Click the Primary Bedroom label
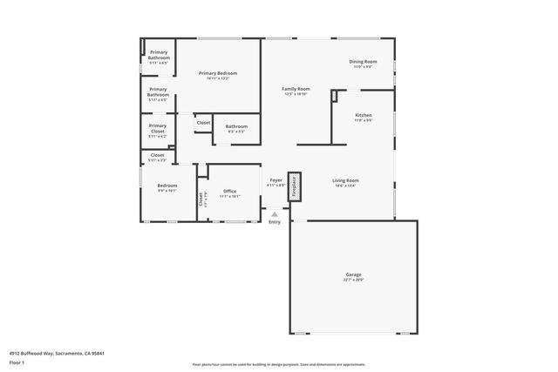pyautogui.click(x=218, y=73)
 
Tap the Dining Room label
pyautogui.click(x=363, y=61)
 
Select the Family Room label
pyautogui.click(x=296, y=89)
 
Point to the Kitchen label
pyautogui.click(x=364, y=115)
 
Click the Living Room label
pyautogui.click(x=346, y=180)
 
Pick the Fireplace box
pyautogui.click(x=294, y=186)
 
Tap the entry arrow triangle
pyautogui.click(x=275, y=213)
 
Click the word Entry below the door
pyautogui.click(x=275, y=223)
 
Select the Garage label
pyautogui.click(x=353, y=274)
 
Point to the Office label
pyautogui.click(x=229, y=191)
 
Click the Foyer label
pyautogui.click(x=276, y=180)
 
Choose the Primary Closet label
pyautogui.click(x=158, y=128)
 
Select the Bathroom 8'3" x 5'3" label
pyautogui.click(x=236, y=126)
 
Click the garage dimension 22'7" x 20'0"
pyautogui.click(x=353, y=281)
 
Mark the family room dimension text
pyautogui.click(x=296, y=94)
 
